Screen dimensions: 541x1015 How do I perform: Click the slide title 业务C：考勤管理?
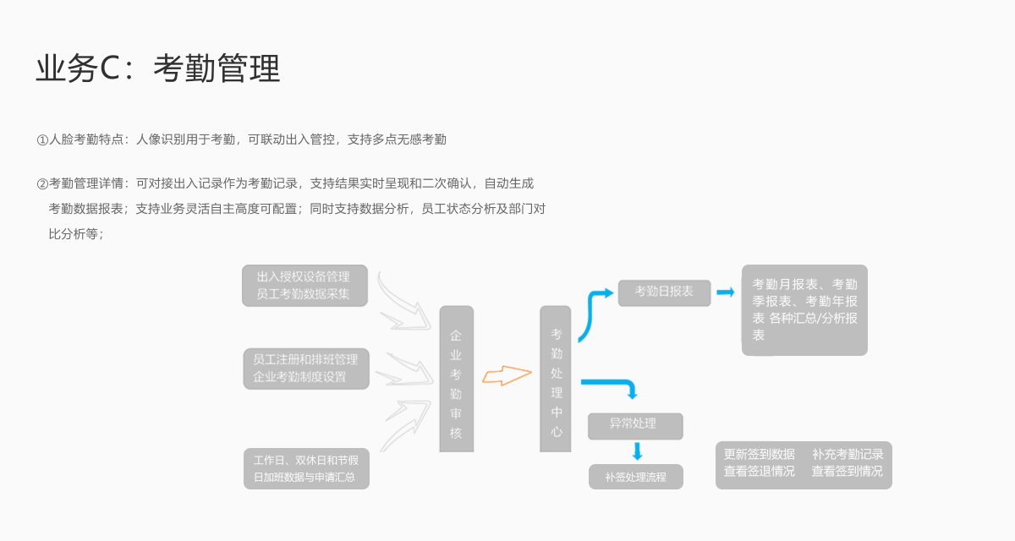click(158, 69)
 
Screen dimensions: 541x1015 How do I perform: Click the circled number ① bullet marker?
click(42, 139)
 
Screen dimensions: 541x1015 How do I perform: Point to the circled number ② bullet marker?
click(42, 183)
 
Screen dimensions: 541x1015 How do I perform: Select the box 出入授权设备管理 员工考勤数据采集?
click(304, 286)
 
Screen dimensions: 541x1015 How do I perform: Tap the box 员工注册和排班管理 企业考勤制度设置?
click(306, 368)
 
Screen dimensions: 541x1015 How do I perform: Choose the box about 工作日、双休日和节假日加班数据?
click(306, 468)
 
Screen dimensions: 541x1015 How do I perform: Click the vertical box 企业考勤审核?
click(456, 379)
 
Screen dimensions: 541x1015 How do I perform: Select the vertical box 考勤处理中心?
click(556, 379)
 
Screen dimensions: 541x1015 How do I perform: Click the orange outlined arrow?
click(507, 375)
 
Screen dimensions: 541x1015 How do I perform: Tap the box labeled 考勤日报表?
click(664, 292)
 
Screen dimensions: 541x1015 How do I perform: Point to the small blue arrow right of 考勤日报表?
click(726, 292)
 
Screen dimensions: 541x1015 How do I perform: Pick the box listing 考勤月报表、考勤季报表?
click(804, 309)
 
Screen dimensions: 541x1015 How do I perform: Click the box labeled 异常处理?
click(634, 425)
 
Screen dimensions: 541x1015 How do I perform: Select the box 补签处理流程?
click(636, 477)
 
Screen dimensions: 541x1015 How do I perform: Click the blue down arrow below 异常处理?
click(638, 451)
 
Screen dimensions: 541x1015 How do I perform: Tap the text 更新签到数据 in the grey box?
click(760, 455)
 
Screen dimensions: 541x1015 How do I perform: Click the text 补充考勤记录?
click(848, 455)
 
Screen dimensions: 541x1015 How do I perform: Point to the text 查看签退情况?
click(760, 472)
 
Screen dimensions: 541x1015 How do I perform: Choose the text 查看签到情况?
click(848, 472)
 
